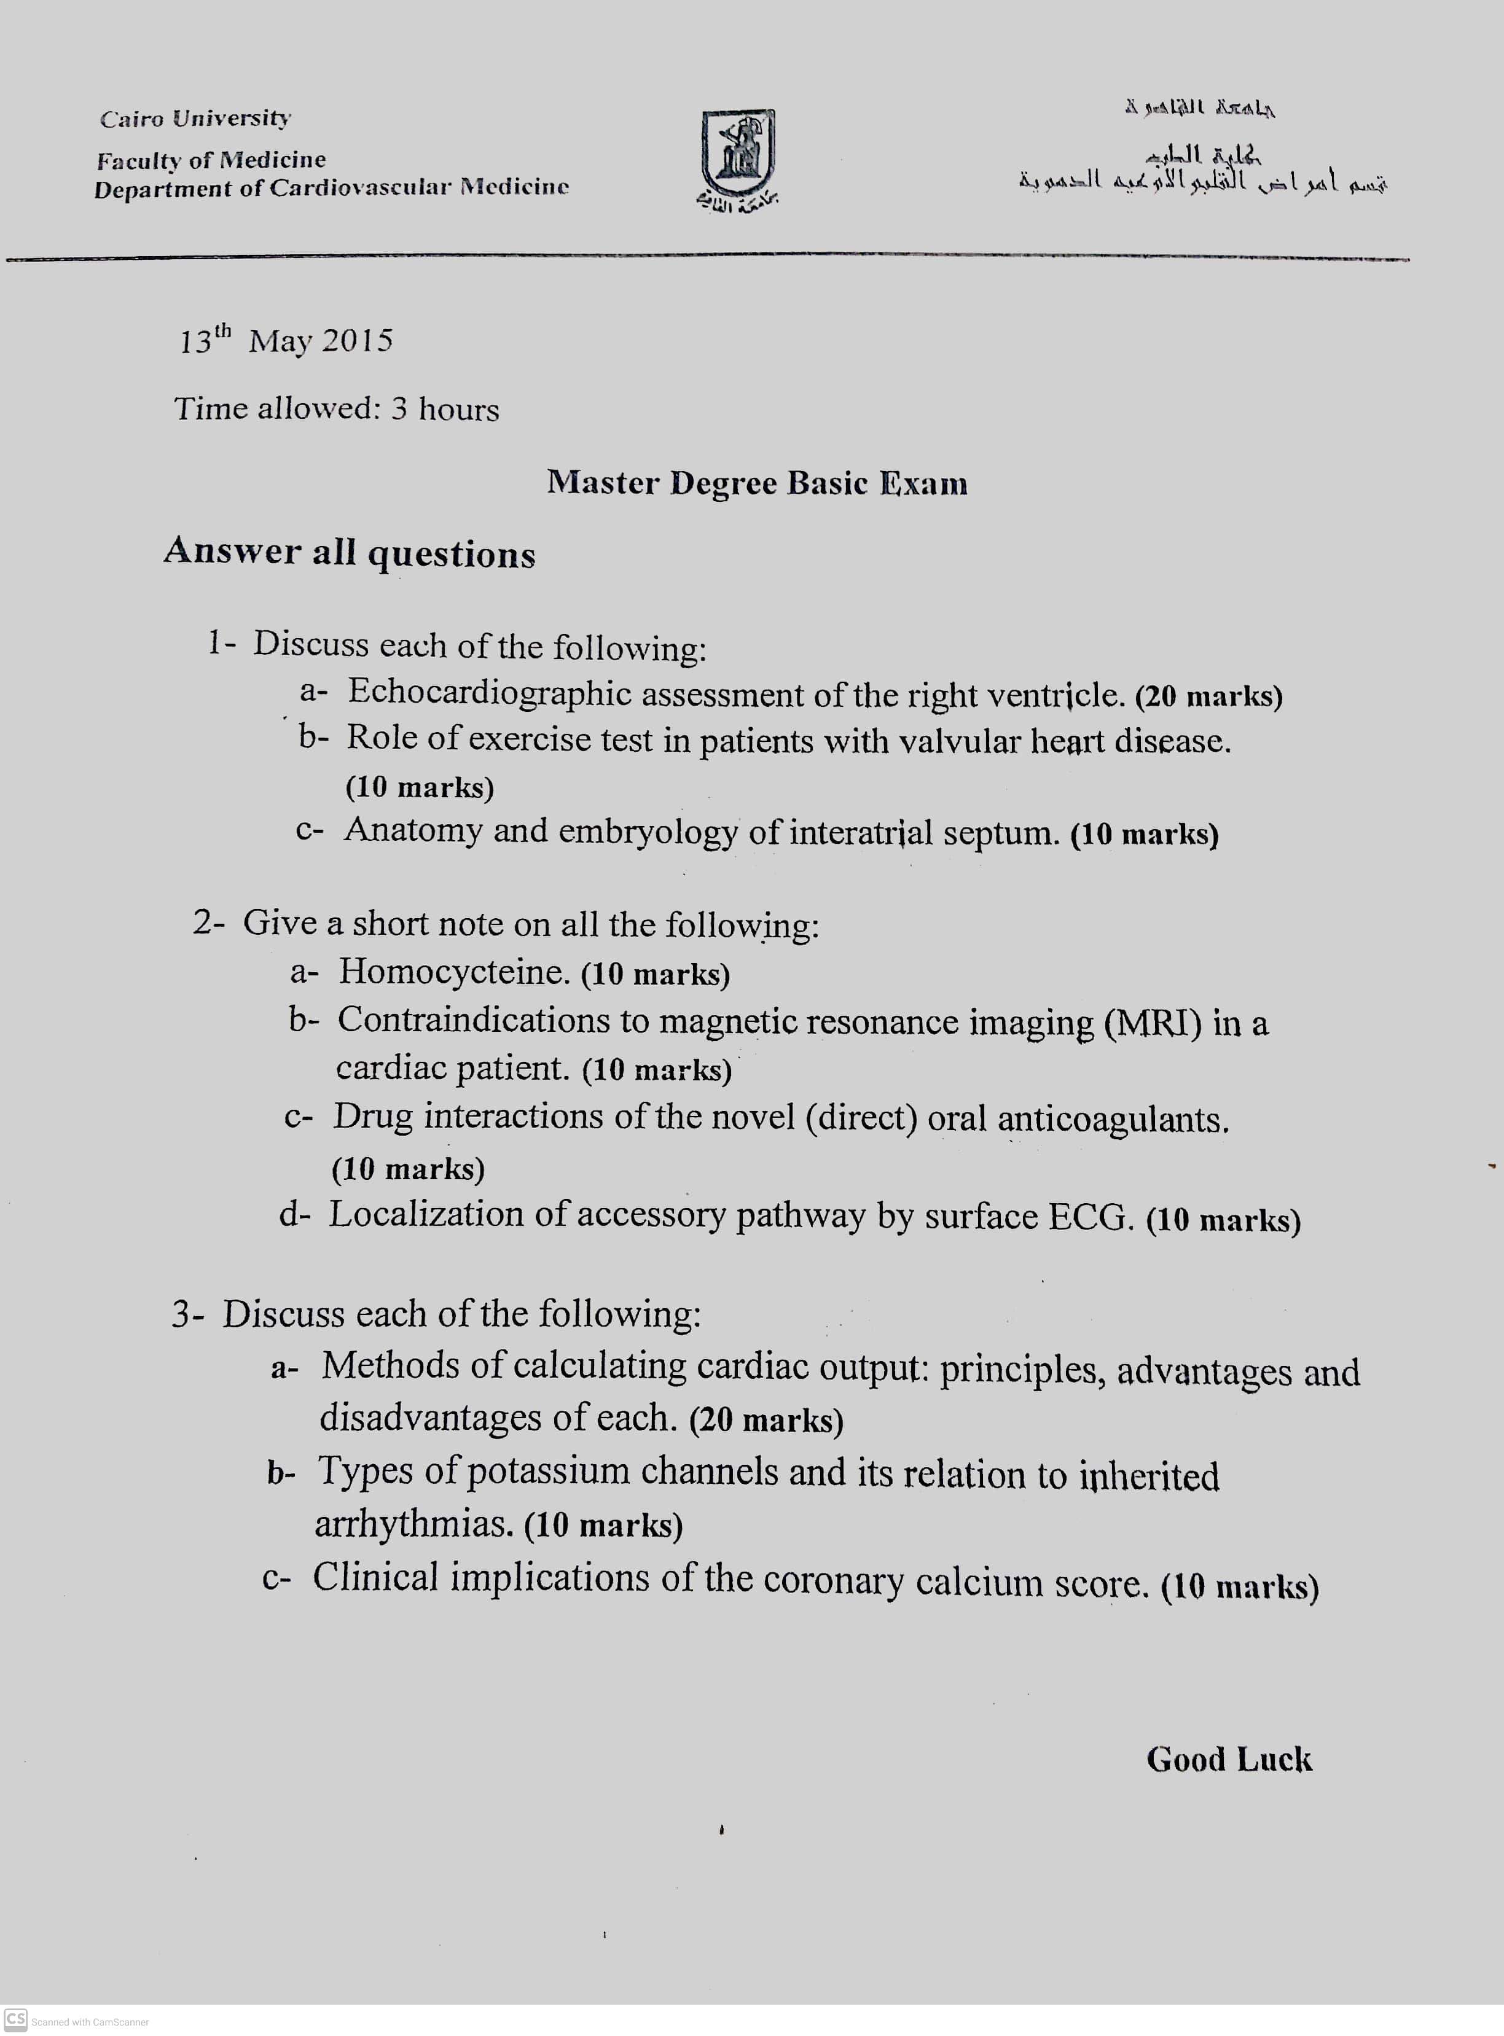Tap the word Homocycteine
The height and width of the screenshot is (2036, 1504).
(454, 972)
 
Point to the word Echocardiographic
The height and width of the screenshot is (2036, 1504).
(490, 693)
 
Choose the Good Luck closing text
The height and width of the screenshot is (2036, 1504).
(1228, 1760)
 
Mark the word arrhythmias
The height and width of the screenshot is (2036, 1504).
(414, 1524)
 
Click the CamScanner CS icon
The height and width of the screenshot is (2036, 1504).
(15, 2018)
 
